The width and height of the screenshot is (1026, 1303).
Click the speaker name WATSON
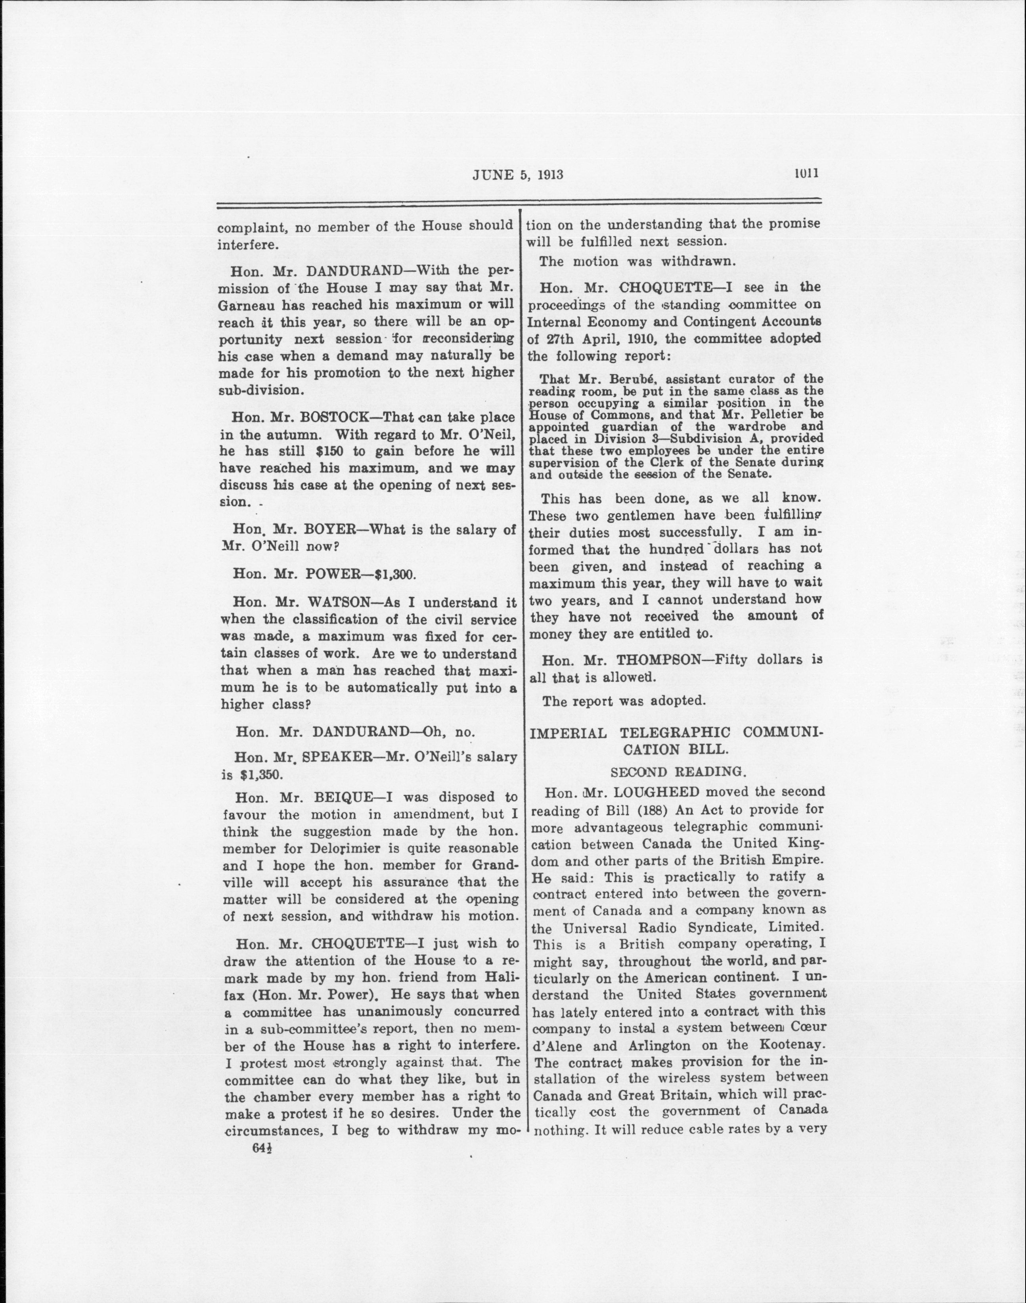(342, 602)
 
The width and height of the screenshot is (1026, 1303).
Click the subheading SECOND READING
(675, 771)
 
